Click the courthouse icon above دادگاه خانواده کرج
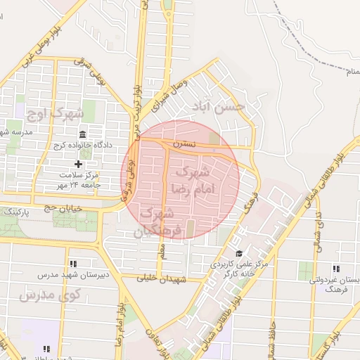(x=83, y=134)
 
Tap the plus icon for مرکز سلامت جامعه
(x=78, y=164)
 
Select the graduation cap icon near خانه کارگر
(x=238, y=254)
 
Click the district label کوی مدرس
(x=37, y=295)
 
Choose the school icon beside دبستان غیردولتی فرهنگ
(x=335, y=269)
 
